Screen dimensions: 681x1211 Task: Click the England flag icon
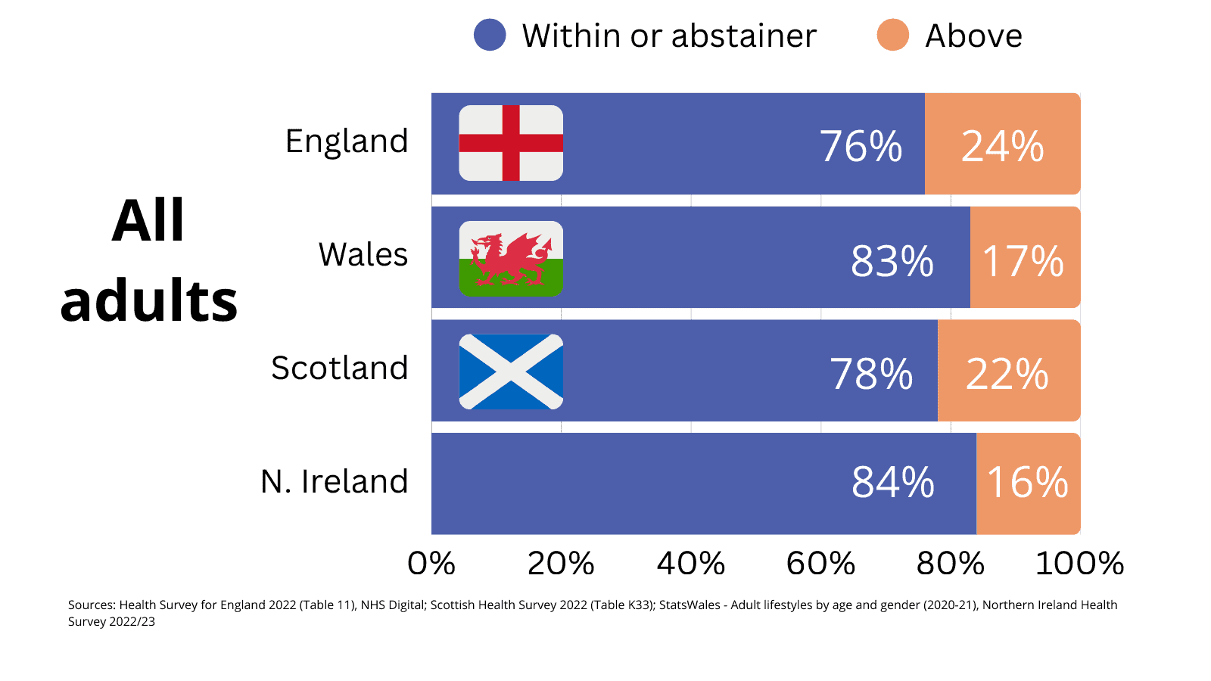click(511, 143)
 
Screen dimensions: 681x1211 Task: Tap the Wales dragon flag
click(511, 259)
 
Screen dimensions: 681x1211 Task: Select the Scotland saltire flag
click(511, 372)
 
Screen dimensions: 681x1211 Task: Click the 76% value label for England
click(861, 146)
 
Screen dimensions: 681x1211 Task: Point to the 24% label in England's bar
click(1002, 146)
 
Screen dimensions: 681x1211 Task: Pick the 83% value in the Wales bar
click(892, 261)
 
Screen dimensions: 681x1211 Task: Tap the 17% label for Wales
click(1023, 261)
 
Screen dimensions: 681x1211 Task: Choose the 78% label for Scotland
click(871, 374)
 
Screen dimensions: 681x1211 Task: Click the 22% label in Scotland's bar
click(1007, 374)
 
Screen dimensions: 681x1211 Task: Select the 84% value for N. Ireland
click(892, 482)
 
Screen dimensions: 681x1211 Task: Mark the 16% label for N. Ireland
click(1027, 482)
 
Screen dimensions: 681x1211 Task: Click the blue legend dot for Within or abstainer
click(490, 36)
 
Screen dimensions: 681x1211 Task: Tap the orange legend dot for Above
click(892, 36)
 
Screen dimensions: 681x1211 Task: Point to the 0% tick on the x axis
click(431, 564)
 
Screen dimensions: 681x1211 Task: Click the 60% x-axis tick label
click(820, 564)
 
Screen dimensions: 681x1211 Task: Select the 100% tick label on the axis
click(1079, 564)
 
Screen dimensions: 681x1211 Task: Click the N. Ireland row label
click(334, 481)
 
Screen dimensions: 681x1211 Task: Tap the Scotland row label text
click(339, 368)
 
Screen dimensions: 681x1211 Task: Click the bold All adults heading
click(149, 260)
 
